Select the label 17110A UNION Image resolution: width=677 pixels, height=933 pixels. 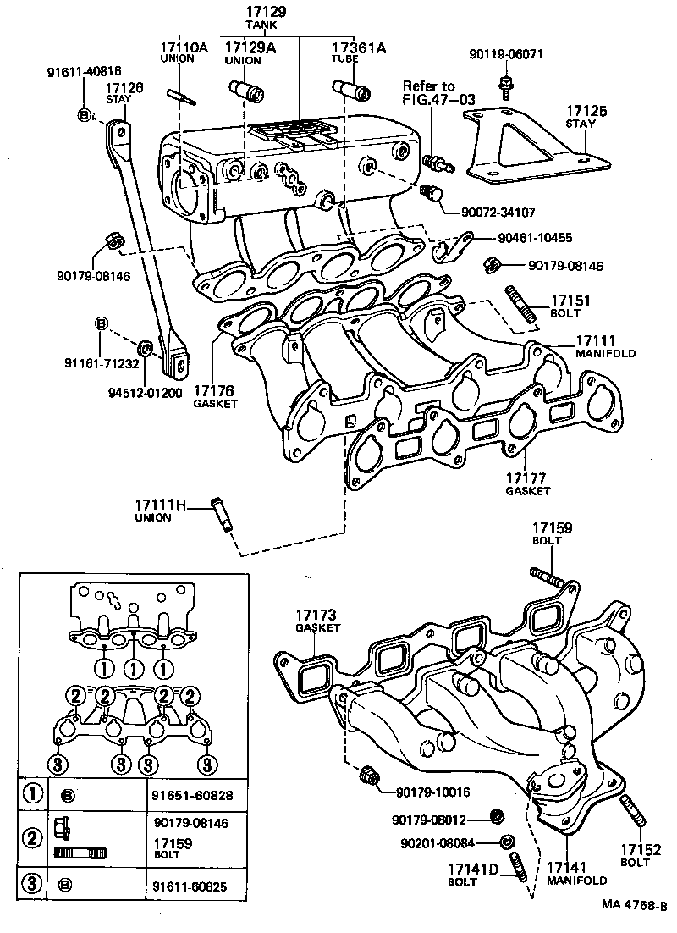point(184,53)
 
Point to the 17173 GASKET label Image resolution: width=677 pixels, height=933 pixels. point(317,620)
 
